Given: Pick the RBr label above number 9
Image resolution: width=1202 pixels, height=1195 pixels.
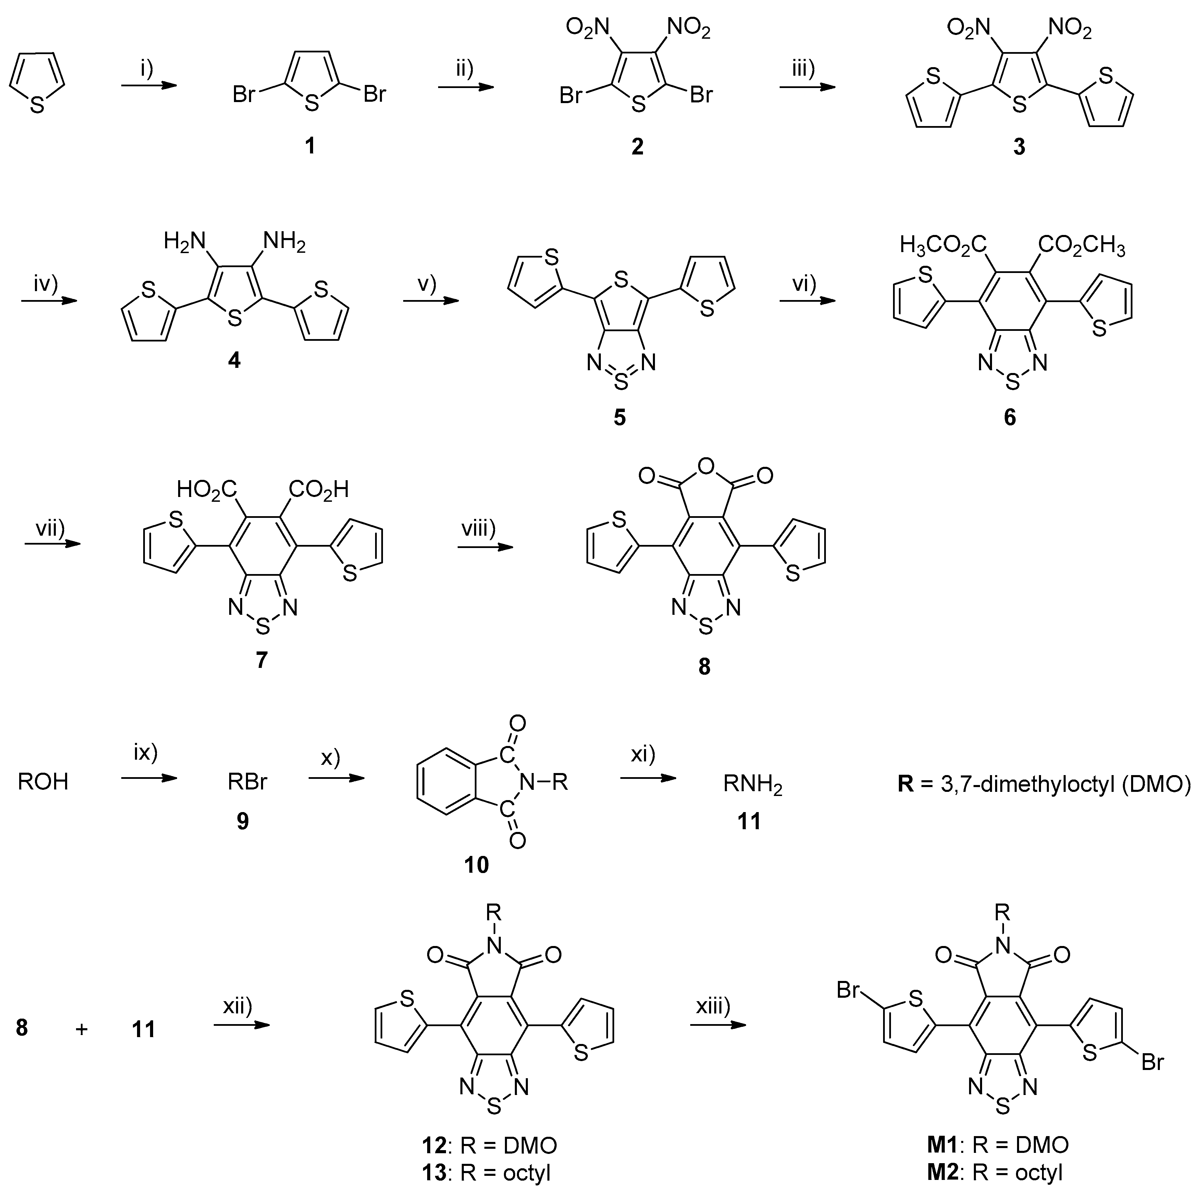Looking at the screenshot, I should [247, 781].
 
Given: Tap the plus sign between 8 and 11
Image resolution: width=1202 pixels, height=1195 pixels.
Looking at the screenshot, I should [82, 1030].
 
